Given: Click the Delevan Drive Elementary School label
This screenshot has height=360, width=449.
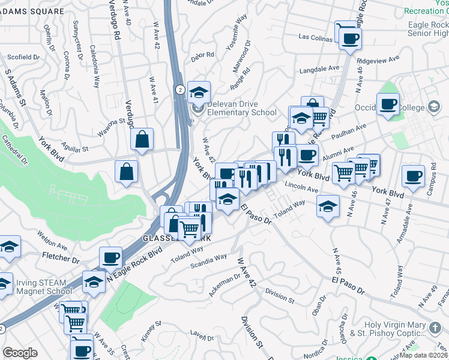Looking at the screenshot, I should coord(242,108).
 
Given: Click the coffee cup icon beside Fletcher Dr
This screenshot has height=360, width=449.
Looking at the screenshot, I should coord(110,258).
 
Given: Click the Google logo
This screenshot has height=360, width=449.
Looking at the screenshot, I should coord(20,353).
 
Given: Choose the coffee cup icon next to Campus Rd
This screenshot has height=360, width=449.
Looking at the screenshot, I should coord(413,177).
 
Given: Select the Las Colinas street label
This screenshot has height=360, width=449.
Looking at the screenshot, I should coord(319,37).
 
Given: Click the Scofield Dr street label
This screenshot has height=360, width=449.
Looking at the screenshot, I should coord(23,58).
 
